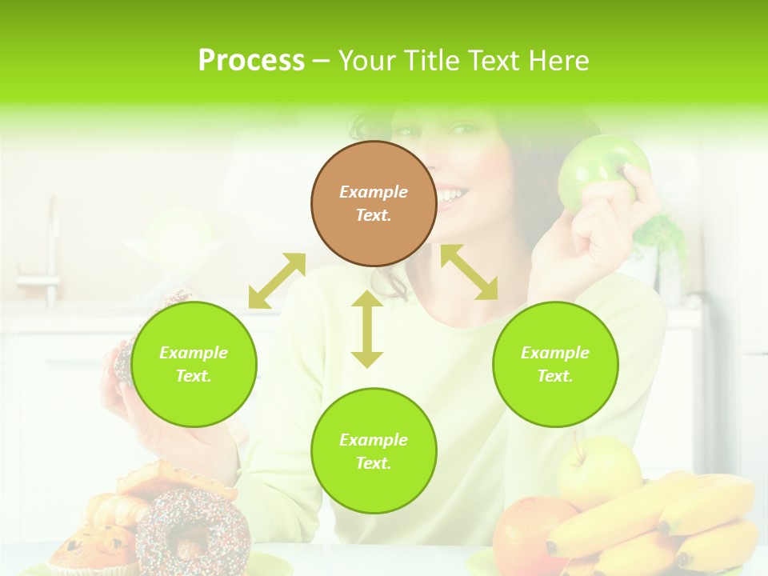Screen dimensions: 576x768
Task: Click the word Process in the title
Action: click(251, 61)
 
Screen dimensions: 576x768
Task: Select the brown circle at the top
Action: click(374, 203)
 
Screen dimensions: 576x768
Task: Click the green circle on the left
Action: click(194, 364)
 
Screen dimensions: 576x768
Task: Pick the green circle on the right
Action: click(555, 364)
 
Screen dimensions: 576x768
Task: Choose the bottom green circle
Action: click(374, 451)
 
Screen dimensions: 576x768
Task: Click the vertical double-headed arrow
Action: click(367, 329)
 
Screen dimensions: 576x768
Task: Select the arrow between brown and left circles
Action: click(277, 280)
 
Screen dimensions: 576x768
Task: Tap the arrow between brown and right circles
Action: click(469, 272)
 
